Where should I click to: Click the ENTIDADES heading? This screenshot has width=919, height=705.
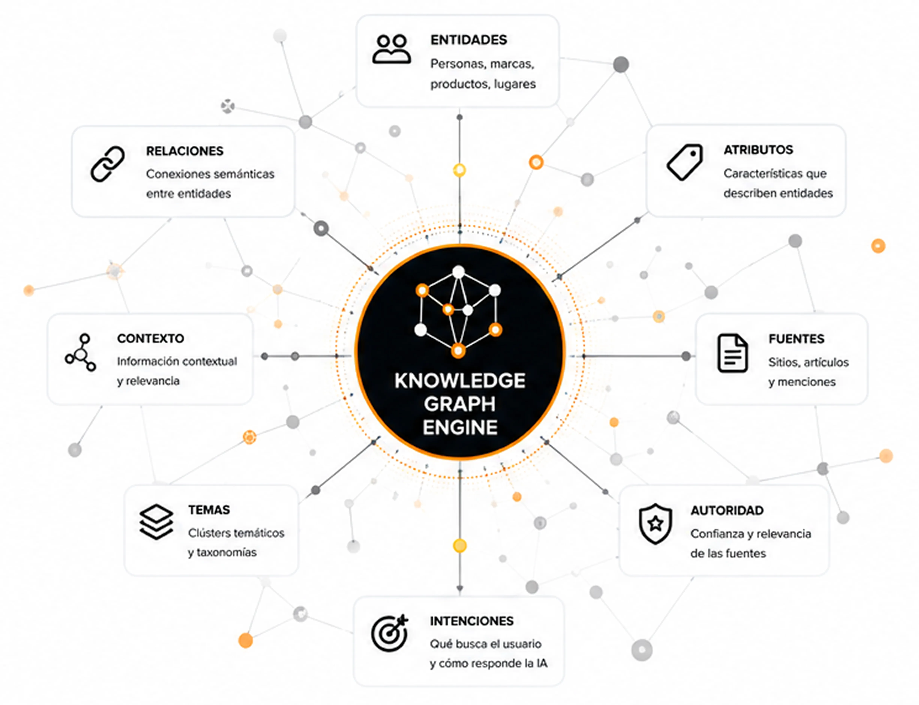coord(469,40)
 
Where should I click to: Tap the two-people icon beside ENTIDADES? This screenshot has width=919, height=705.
coord(391,49)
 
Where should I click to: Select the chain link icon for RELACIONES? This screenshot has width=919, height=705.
coord(107,164)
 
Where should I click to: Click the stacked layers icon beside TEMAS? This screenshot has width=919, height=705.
coord(156,522)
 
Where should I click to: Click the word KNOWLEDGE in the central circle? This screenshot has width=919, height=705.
coord(460,381)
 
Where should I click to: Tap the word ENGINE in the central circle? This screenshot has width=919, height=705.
coord(460,428)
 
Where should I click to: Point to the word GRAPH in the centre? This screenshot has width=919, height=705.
coord(460,404)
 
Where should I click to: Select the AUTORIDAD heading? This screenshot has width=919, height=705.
coord(727,511)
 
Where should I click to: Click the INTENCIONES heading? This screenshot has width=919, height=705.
coord(472,621)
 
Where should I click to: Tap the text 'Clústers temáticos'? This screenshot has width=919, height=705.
coord(236,533)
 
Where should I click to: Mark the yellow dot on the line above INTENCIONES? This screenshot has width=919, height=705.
coord(460,546)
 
